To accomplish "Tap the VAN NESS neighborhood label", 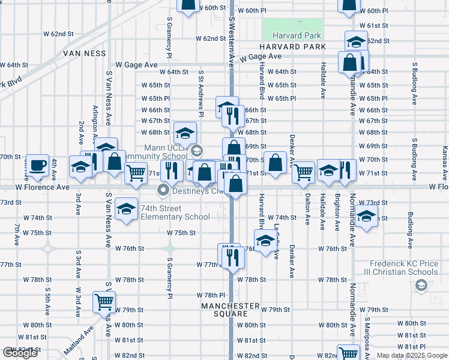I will click(85, 53).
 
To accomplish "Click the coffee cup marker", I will click(37, 165).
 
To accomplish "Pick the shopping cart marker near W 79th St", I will click(104, 302).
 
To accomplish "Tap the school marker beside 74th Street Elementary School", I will click(126, 209).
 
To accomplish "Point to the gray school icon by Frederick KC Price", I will click(421, 286).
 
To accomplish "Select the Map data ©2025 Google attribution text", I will click(412, 355).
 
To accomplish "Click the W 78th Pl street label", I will click(213, 295).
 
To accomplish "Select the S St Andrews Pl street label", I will click(202, 93).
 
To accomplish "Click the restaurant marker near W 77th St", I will click(234, 256).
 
